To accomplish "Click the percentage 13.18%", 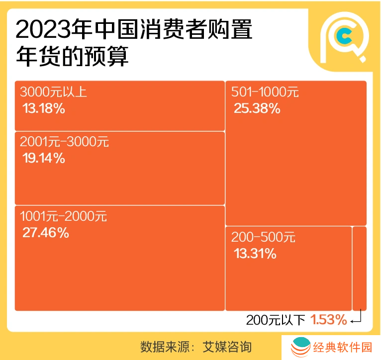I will [x=44, y=108].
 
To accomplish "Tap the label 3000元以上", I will [x=53, y=92].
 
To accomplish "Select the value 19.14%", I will [x=44, y=159].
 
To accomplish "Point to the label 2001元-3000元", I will [x=64, y=142].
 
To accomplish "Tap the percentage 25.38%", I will [x=257, y=108].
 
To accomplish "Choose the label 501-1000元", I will [x=265, y=92].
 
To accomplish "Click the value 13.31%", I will [x=255, y=254].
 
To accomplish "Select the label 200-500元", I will [x=263, y=238].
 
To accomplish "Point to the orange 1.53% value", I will [x=329, y=320].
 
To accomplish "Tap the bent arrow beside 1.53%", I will [x=357, y=319].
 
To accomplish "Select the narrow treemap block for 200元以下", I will [x=359, y=269].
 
